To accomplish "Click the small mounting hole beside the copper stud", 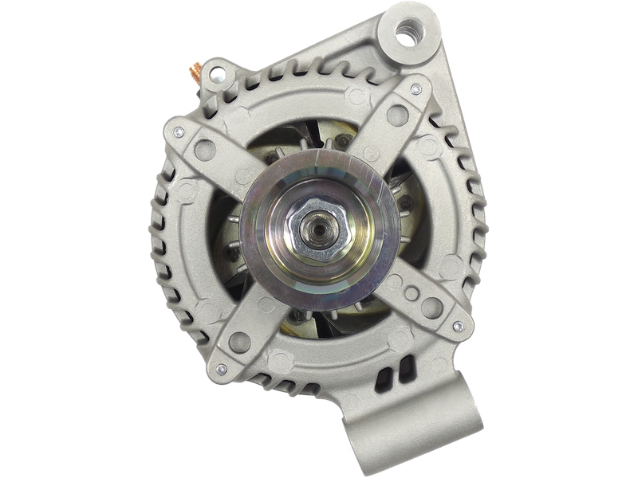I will pyautogui.click(x=214, y=74).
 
